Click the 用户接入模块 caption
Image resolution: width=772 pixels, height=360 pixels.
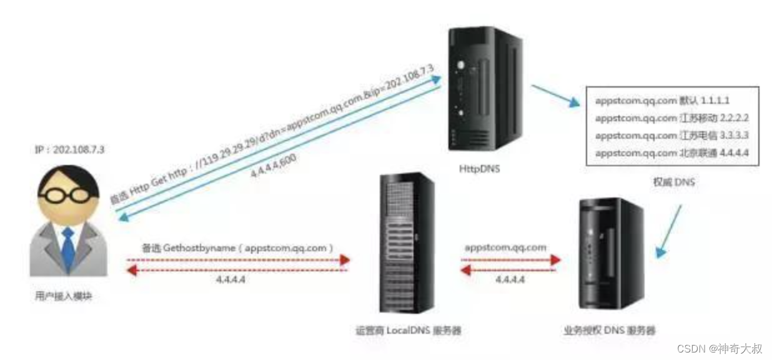(64, 296)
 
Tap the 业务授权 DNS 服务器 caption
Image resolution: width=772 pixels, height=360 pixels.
(609, 329)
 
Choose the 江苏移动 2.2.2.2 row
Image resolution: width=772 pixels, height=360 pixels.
(671, 117)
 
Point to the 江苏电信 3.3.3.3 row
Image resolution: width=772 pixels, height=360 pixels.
(671, 135)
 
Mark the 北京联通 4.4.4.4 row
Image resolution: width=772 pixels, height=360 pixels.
(671, 152)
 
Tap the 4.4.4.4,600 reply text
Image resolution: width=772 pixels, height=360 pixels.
(275, 165)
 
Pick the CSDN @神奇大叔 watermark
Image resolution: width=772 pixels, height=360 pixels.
(719, 349)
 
